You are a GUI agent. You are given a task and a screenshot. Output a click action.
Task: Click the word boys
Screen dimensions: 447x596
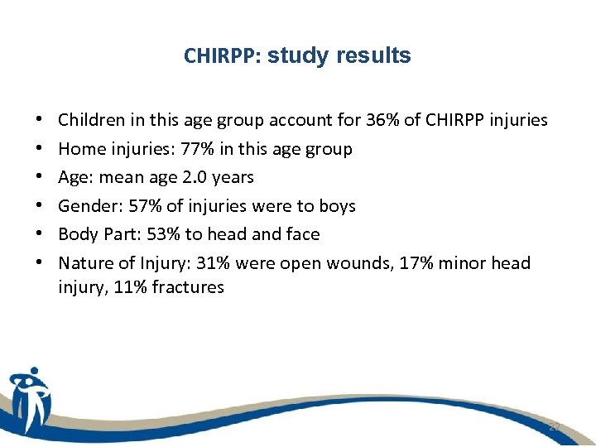coord(337,206)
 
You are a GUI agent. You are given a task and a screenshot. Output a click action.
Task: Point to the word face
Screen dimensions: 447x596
coord(302,234)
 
